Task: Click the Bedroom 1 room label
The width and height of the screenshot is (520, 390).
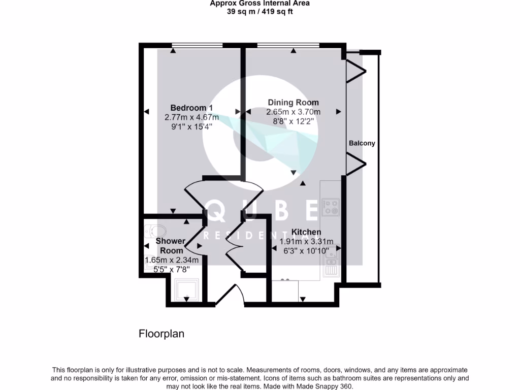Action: pyautogui.click(x=191, y=108)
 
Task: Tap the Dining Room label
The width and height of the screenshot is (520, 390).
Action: pyautogui.click(x=294, y=103)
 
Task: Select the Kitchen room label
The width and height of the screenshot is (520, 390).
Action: pyautogui.click(x=306, y=232)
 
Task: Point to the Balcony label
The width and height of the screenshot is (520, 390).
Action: pyautogui.click(x=362, y=143)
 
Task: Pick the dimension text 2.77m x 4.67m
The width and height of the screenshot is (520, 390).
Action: pyautogui.click(x=191, y=117)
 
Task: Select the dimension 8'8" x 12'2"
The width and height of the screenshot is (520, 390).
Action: pyautogui.click(x=294, y=121)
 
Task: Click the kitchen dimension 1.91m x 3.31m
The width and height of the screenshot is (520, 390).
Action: pyautogui.click(x=306, y=241)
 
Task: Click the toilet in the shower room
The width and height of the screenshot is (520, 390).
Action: pyautogui.click(x=152, y=231)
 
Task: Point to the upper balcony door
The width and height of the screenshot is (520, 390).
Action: pyautogui.click(x=356, y=72)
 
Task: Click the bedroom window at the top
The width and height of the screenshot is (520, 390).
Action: pyautogui.click(x=198, y=46)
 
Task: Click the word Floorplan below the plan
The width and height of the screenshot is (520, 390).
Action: pyautogui.click(x=161, y=334)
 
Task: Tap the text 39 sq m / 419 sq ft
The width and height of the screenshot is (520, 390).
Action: pyautogui.click(x=259, y=12)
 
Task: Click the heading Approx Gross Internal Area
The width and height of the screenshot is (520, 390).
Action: pyautogui.click(x=259, y=3)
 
